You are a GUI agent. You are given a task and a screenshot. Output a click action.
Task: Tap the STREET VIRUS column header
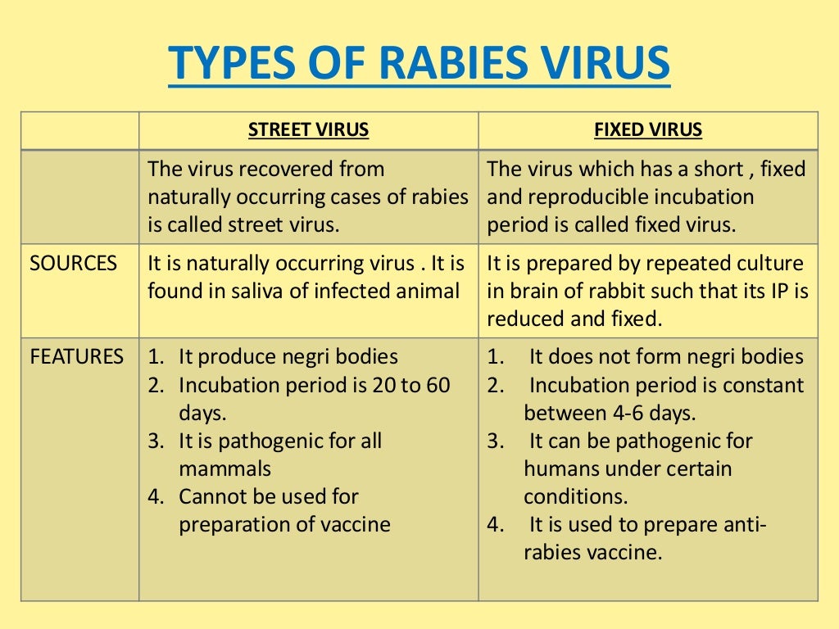(308, 130)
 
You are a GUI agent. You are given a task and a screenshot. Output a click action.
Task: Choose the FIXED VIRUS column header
(648, 130)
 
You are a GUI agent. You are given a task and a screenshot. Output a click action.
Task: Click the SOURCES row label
(73, 264)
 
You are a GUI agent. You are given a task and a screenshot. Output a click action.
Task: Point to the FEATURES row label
(77, 357)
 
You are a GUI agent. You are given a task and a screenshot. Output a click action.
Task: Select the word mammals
(224, 468)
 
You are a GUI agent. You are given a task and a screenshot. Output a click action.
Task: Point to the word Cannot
(211, 496)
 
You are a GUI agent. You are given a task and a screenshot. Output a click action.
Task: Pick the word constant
(764, 385)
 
